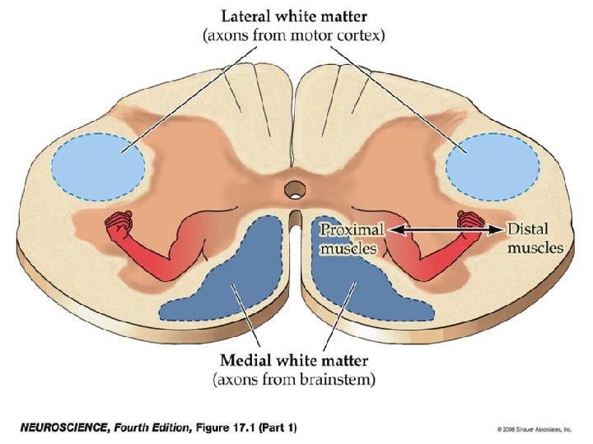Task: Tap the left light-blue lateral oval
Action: point(98,164)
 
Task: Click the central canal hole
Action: point(292,191)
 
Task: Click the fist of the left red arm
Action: point(122,224)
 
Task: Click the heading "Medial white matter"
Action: point(295,360)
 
